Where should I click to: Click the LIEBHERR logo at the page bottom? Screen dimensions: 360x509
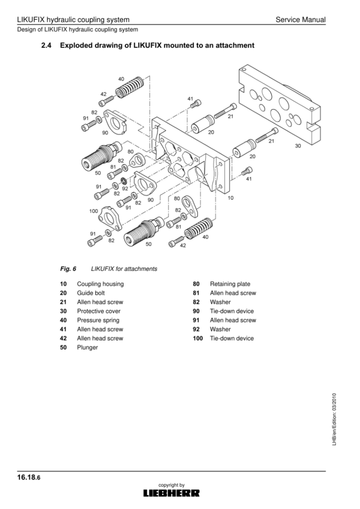click(x=172, y=493)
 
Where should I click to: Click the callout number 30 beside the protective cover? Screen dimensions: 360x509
click(x=298, y=146)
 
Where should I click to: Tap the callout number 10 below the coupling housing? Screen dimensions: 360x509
click(x=230, y=198)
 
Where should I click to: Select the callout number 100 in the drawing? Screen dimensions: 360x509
click(x=94, y=211)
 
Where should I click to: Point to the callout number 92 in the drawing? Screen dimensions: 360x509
click(x=125, y=188)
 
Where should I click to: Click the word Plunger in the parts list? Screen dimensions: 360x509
click(x=88, y=347)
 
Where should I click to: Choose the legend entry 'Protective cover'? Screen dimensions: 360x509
click(x=99, y=311)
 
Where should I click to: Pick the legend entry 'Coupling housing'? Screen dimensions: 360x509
click(x=100, y=284)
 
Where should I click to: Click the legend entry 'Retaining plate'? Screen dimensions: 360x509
click(x=230, y=284)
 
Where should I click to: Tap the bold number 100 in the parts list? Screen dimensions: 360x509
click(x=197, y=338)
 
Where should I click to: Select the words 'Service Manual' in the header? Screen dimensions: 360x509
click(x=301, y=20)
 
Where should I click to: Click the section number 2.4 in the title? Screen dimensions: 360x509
click(x=47, y=46)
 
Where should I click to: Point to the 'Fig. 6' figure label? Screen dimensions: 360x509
click(x=68, y=269)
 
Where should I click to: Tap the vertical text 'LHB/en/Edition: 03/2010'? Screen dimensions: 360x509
click(x=334, y=419)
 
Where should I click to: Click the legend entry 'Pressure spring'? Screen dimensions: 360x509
click(x=98, y=320)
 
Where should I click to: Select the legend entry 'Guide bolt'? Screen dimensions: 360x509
click(x=91, y=293)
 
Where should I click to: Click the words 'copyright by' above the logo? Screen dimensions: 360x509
click(x=172, y=485)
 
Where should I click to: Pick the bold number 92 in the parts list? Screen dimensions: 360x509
click(x=196, y=329)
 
